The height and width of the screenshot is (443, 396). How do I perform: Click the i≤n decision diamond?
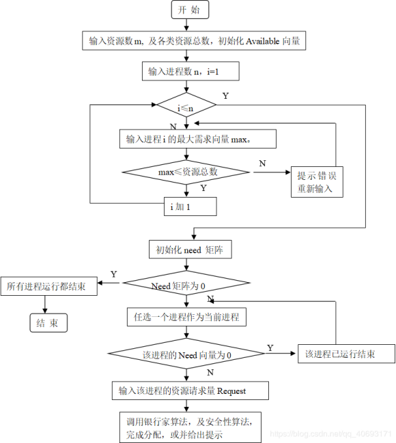(186, 106)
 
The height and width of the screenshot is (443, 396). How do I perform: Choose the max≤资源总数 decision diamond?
(186, 172)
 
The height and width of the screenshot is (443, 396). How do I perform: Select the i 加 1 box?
(190, 206)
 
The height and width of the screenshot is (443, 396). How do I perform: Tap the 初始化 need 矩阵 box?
(190, 249)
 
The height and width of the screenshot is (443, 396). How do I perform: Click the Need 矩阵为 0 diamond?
(186, 285)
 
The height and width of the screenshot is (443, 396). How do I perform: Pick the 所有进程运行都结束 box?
(48, 287)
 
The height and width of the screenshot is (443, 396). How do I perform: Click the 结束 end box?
(47, 323)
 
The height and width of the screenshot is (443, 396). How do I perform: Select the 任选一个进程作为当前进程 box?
(186, 317)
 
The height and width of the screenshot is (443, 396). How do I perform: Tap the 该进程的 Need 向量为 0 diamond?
(186, 354)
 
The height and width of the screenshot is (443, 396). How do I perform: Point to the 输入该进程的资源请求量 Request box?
(190, 391)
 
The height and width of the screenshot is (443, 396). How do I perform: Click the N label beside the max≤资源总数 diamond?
(262, 163)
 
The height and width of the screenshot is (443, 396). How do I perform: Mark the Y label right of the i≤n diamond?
(225, 95)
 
